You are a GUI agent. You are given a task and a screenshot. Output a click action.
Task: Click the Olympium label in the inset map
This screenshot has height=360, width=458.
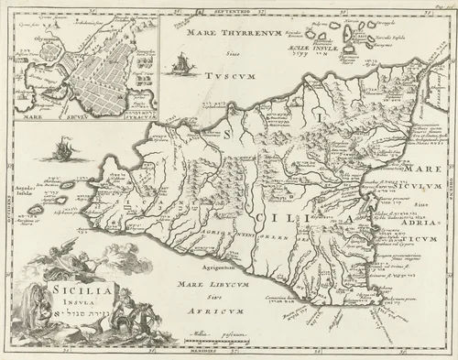point(33,42)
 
